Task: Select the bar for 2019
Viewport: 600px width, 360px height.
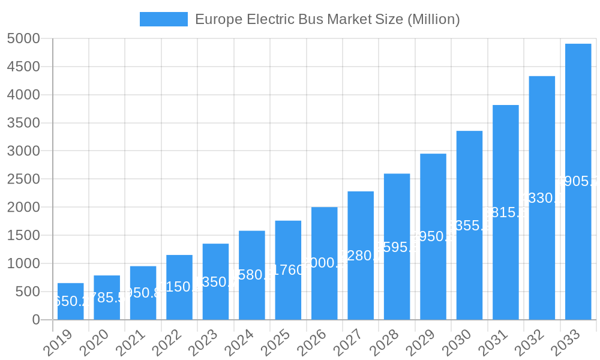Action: (x=71, y=301)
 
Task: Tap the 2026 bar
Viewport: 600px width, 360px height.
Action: (x=325, y=263)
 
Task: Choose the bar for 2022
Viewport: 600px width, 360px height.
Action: (x=179, y=287)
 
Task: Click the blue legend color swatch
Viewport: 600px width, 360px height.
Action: (x=163, y=19)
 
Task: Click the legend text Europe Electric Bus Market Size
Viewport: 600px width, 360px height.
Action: (x=328, y=19)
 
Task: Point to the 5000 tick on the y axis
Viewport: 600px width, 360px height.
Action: (x=23, y=39)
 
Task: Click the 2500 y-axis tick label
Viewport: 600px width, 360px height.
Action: (x=23, y=179)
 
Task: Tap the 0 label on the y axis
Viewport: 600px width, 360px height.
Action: (x=35, y=320)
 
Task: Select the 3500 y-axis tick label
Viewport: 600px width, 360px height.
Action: (x=23, y=123)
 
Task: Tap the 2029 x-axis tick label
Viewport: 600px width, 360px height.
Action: (x=420, y=343)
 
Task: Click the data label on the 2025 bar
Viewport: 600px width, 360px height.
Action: (x=288, y=270)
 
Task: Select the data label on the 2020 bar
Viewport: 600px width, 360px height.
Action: (x=107, y=298)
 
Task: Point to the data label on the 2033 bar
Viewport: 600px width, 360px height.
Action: (x=578, y=182)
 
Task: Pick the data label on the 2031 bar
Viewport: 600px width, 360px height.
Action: (x=505, y=212)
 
